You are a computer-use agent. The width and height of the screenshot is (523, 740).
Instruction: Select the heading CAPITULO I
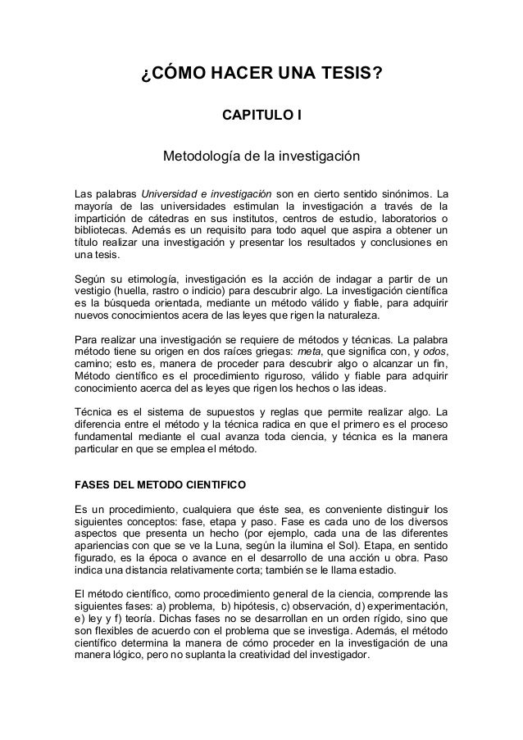coord(262,120)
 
